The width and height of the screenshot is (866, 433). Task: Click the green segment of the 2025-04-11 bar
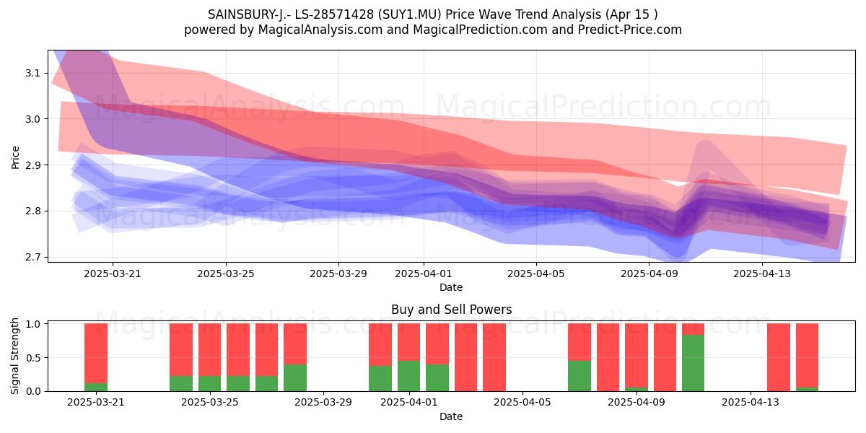[x=694, y=363]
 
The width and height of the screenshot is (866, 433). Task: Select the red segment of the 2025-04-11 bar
[x=694, y=329]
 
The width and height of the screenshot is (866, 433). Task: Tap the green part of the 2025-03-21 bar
[x=96, y=387]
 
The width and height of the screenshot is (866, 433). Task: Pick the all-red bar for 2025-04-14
[x=779, y=357]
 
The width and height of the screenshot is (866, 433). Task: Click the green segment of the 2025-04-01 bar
[x=408, y=376]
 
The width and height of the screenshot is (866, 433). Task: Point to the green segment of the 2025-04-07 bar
[x=579, y=376]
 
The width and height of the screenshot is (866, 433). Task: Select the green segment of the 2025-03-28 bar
[x=295, y=377]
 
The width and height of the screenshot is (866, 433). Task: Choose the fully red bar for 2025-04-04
[x=494, y=357]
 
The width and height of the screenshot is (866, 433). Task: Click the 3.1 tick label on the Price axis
[x=33, y=73]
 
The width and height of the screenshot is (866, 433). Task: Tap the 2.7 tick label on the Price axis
[x=33, y=257]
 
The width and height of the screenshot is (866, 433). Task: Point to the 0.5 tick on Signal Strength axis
[x=33, y=358]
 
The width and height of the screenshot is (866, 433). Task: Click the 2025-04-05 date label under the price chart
[x=535, y=274]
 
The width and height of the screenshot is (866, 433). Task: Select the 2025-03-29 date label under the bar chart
[x=323, y=403]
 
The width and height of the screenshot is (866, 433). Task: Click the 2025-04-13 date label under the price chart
[x=762, y=274]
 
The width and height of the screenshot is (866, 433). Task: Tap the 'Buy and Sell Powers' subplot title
[x=452, y=310]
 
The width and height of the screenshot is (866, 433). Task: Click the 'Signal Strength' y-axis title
[x=14, y=356]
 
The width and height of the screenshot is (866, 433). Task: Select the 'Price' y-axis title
[x=15, y=157]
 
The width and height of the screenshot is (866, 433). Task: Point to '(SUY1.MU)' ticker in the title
[x=410, y=14]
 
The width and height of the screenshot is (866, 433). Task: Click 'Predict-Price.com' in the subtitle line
[x=630, y=30]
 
